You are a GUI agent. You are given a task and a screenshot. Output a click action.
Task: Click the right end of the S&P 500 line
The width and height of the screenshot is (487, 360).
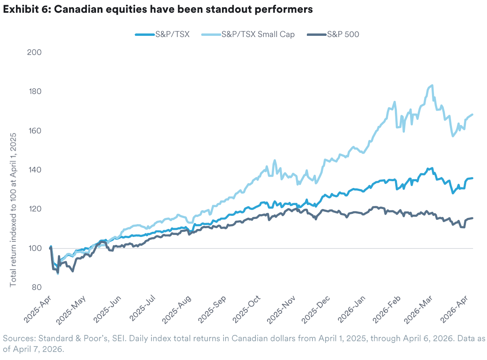(x=473, y=218)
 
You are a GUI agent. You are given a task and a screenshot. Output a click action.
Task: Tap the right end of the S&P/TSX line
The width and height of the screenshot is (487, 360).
(x=473, y=178)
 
